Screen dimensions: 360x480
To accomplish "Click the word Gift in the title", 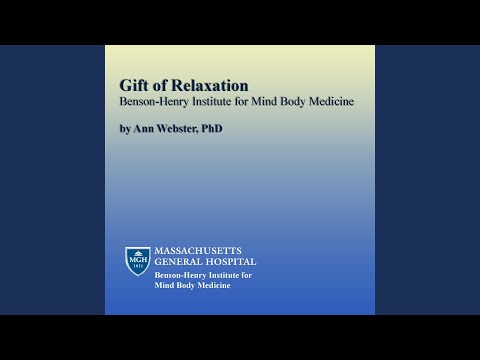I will [134, 85].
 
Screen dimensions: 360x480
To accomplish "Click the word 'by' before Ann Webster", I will [125, 130].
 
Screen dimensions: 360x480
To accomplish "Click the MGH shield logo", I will [137, 261].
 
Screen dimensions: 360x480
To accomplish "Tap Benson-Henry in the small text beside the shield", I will [180, 274].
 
